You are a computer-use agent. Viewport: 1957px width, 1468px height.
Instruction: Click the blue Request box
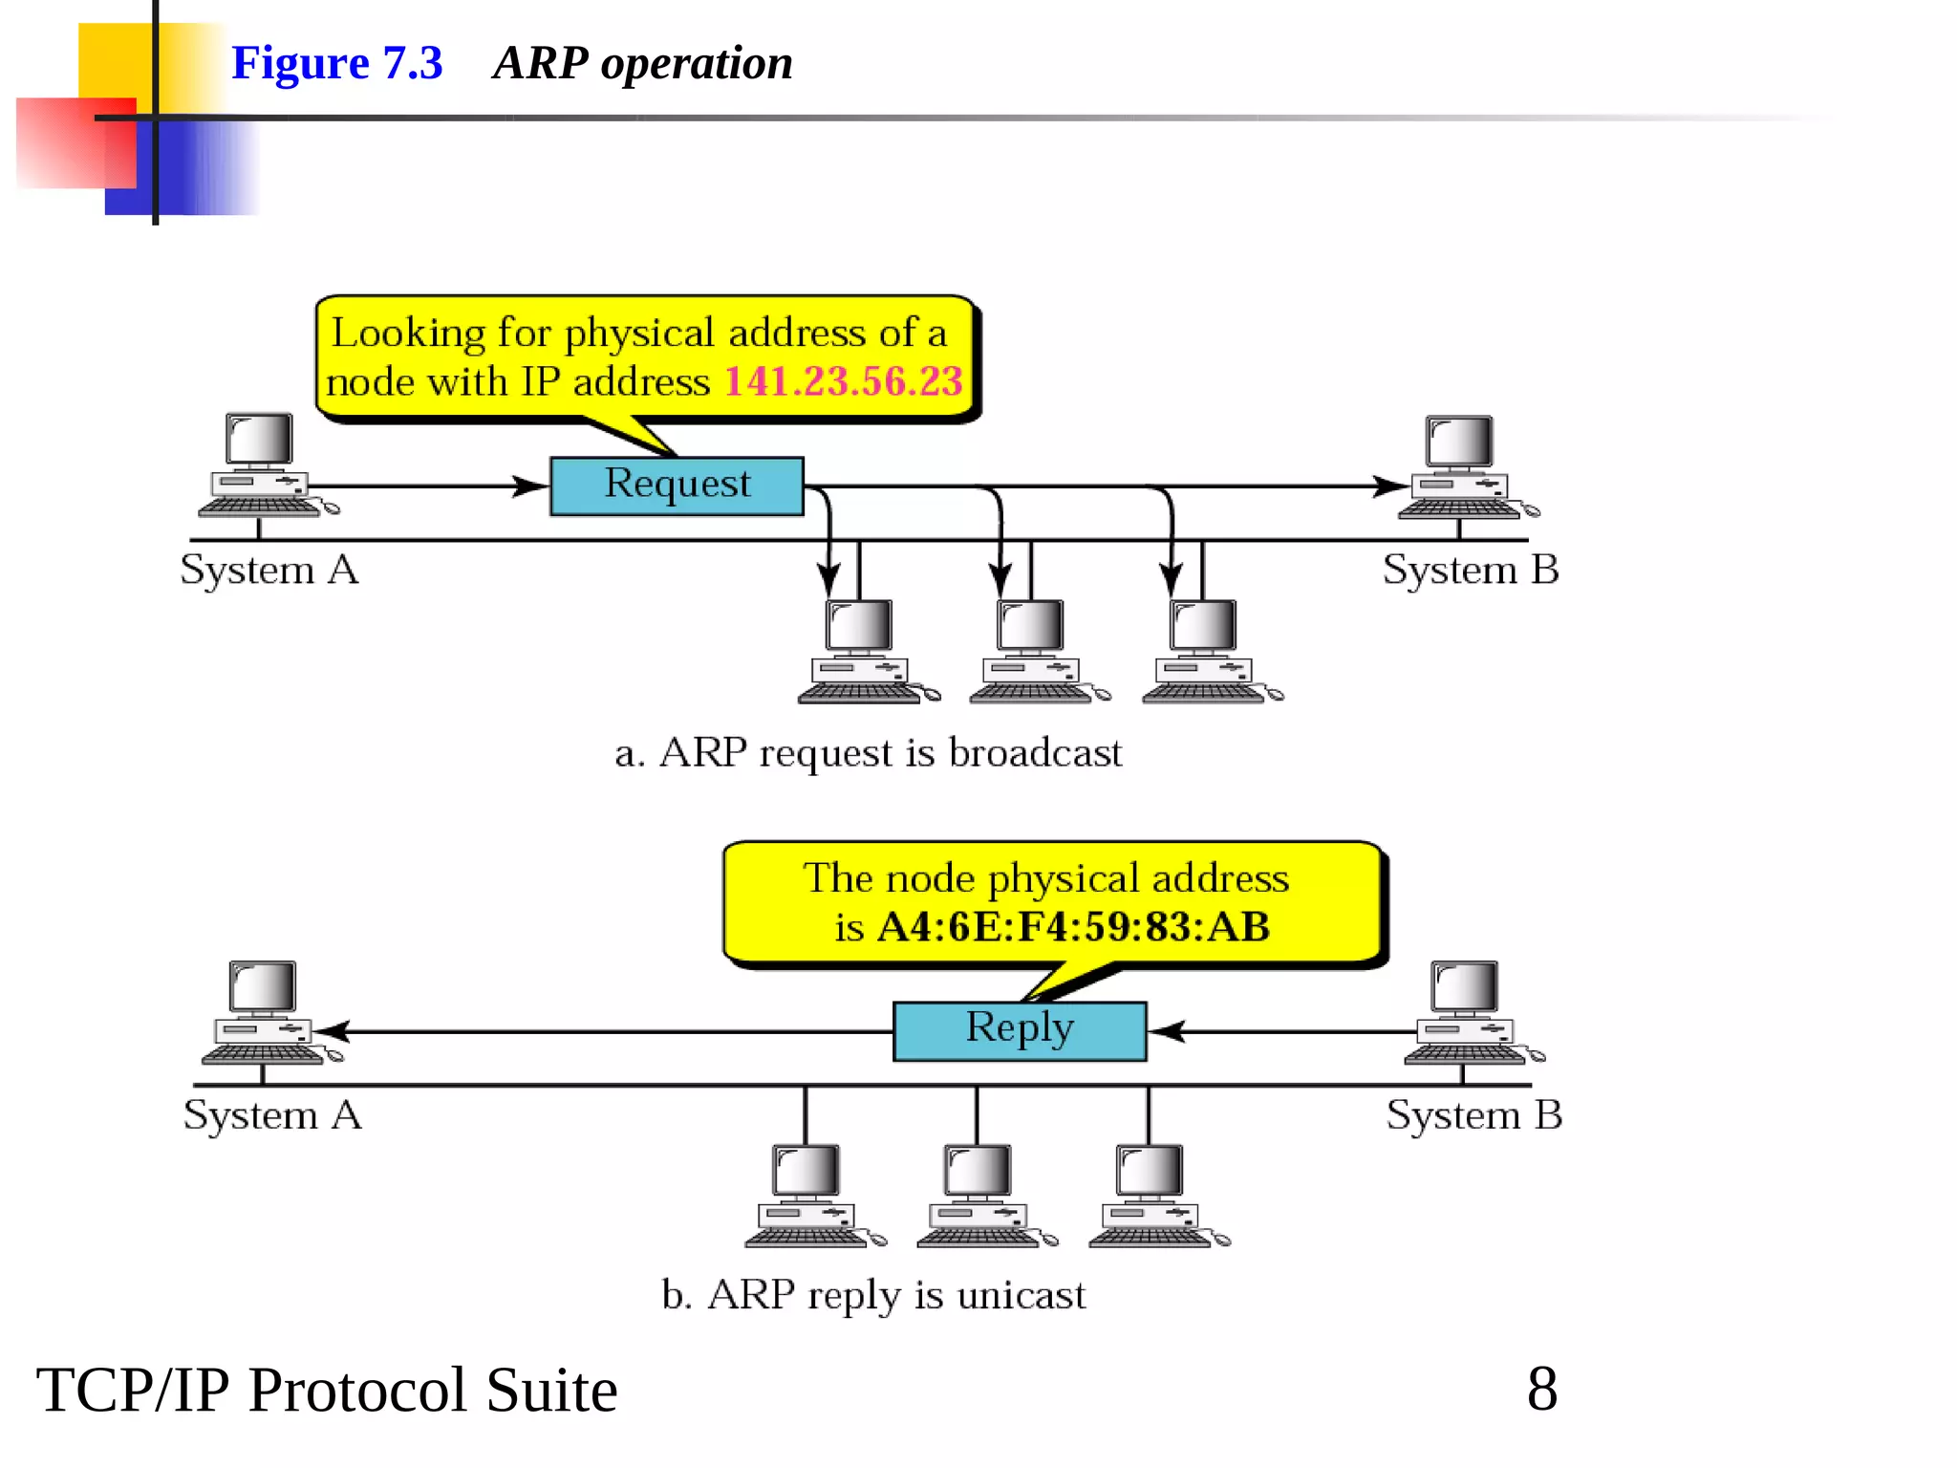point(677,486)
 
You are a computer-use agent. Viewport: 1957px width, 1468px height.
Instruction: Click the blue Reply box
point(1019,1030)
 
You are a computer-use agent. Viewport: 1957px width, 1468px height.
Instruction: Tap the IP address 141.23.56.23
point(843,381)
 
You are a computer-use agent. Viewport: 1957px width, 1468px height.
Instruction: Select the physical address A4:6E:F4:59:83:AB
point(1073,927)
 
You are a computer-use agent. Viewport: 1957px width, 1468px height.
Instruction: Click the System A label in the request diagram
point(269,570)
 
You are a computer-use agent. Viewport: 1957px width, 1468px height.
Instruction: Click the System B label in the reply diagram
point(1473,1115)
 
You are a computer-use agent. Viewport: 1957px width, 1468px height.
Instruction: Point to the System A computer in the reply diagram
point(266,1013)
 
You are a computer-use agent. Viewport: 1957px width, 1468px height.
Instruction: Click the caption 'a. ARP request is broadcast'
point(868,753)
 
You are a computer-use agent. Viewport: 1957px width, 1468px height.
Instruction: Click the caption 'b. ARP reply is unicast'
point(873,1296)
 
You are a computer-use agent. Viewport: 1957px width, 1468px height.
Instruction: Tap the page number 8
point(1541,1389)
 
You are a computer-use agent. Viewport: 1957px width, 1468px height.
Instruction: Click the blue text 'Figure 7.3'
point(336,63)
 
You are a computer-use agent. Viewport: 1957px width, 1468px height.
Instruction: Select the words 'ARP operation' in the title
point(642,63)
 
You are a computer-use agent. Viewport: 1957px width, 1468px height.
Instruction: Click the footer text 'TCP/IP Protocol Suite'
point(327,1390)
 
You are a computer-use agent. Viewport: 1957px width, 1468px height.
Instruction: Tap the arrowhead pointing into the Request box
point(528,486)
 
